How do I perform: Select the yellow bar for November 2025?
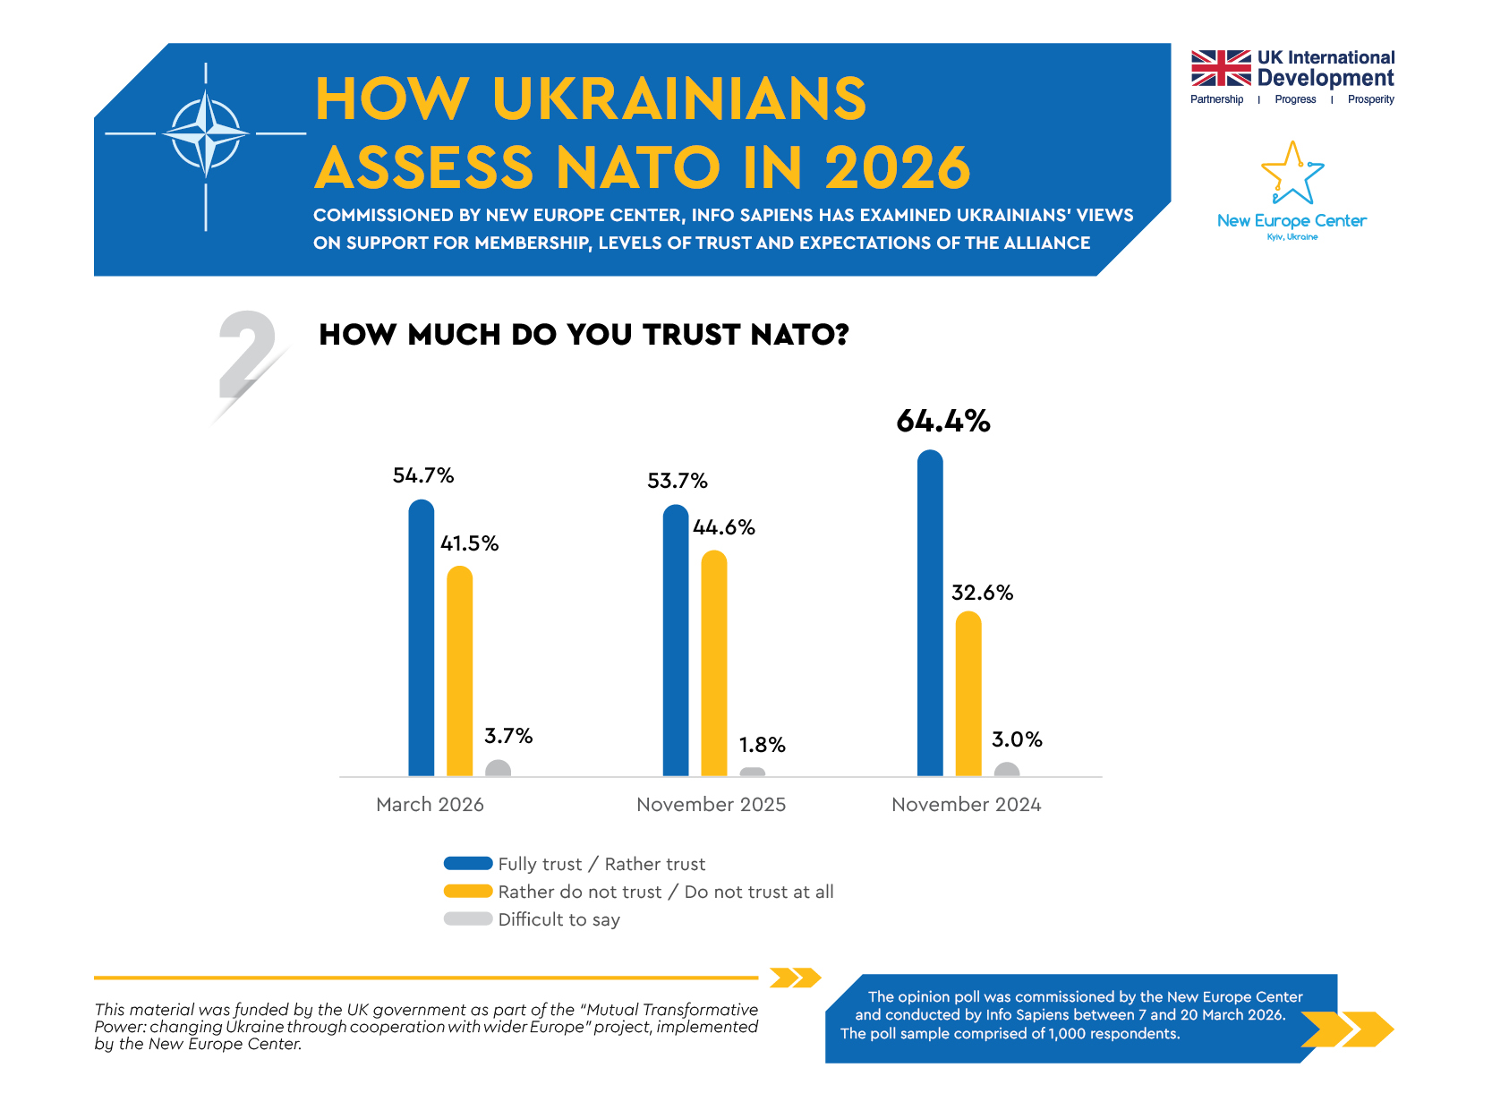[713, 663]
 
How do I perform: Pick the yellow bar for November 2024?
[968, 694]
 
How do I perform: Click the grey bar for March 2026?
[498, 768]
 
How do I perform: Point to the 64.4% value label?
[942, 421]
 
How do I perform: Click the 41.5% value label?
[469, 543]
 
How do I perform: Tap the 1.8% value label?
[762, 745]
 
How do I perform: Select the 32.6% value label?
[982, 593]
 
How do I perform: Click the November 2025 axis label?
[711, 804]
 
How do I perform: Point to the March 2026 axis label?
[430, 804]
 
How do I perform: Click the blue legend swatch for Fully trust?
[468, 864]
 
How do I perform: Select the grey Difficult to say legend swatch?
[468, 919]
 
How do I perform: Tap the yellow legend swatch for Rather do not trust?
[468, 892]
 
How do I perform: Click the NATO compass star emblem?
[206, 134]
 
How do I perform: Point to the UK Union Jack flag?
[1220, 68]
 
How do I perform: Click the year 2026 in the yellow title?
[897, 167]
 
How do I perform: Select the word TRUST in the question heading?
[691, 335]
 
